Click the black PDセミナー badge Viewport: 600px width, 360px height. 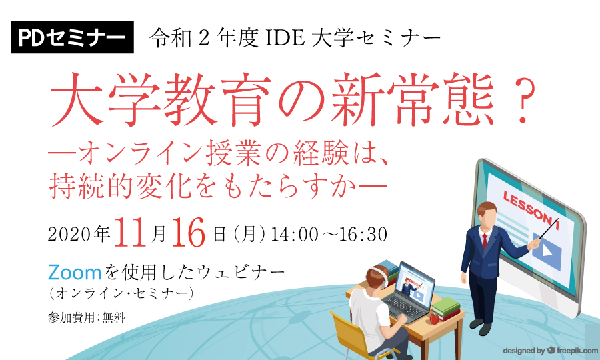point(72,37)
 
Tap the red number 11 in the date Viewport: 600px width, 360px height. point(130,232)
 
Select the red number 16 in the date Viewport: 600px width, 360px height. point(188,232)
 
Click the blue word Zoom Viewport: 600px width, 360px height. point(75,273)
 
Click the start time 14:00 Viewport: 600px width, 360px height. point(294,234)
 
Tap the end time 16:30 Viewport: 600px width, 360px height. point(363,234)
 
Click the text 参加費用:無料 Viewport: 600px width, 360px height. point(87,317)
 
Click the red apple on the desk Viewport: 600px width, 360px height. point(434,318)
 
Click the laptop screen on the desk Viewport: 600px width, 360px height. point(416,286)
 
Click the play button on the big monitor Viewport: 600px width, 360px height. point(547,251)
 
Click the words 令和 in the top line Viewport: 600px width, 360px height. point(171,38)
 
